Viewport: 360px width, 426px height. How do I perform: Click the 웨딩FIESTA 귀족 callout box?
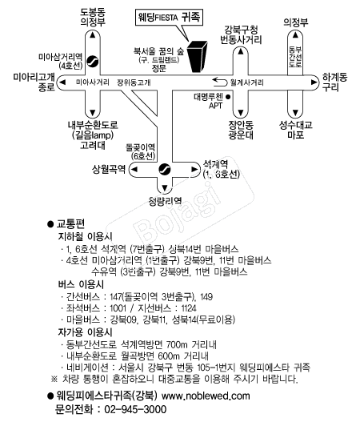click(169, 18)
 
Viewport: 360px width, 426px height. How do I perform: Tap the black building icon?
click(198, 57)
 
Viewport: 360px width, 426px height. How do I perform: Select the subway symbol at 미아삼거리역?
click(93, 61)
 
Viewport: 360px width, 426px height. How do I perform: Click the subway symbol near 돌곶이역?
click(165, 169)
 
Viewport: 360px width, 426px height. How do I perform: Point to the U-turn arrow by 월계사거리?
click(219, 82)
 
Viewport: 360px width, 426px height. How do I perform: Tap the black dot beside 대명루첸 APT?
click(228, 96)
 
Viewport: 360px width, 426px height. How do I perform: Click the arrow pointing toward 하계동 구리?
click(314, 82)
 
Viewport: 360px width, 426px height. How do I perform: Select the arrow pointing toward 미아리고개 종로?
click(62, 82)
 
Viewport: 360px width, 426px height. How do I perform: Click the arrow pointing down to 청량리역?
click(165, 187)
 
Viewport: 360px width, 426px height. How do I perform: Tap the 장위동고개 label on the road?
click(134, 82)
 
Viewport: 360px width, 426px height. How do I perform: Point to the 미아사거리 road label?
click(93, 82)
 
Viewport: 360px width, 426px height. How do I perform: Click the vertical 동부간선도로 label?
click(295, 57)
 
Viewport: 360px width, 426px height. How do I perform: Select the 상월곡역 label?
click(109, 169)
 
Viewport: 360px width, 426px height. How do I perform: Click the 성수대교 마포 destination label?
click(296, 130)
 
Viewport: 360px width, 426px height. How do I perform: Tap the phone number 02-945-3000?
click(135, 409)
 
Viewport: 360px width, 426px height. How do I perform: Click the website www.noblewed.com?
click(206, 396)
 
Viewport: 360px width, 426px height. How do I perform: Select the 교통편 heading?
click(70, 223)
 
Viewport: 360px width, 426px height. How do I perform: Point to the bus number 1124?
click(189, 308)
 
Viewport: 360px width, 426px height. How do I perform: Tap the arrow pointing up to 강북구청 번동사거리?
click(241, 51)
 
